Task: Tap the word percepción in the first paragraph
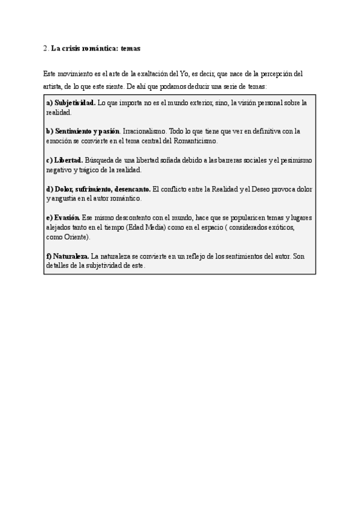(x=275, y=74)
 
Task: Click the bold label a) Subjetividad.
(x=71, y=103)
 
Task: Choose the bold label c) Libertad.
(x=65, y=160)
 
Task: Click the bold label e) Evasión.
(x=63, y=218)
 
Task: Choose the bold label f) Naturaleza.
(x=68, y=257)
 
